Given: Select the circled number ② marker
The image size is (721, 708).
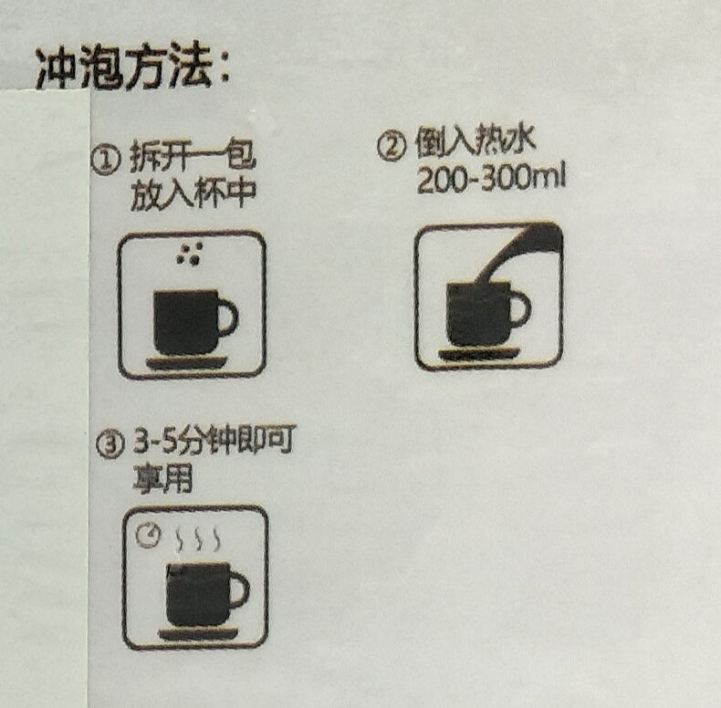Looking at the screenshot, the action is tap(392, 146).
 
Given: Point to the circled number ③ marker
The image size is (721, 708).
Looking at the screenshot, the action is tap(110, 444).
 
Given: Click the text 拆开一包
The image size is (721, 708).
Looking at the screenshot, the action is tap(192, 156).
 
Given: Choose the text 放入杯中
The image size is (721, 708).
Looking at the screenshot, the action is tap(193, 195).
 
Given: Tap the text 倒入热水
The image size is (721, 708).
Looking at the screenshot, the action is tap(475, 140).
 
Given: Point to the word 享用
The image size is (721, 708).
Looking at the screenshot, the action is tap(162, 478).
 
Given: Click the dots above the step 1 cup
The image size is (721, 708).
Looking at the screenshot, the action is tap(190, 254).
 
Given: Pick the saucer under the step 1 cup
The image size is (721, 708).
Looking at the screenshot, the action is tap(187, 363).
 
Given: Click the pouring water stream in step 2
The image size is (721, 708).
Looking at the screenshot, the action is tap(519, 252).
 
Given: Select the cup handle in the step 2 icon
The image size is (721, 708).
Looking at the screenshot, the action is tap(522, 307).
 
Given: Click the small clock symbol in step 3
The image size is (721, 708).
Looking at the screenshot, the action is tap(148, 536).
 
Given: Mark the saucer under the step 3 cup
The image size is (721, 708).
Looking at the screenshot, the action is tap(199, 634).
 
